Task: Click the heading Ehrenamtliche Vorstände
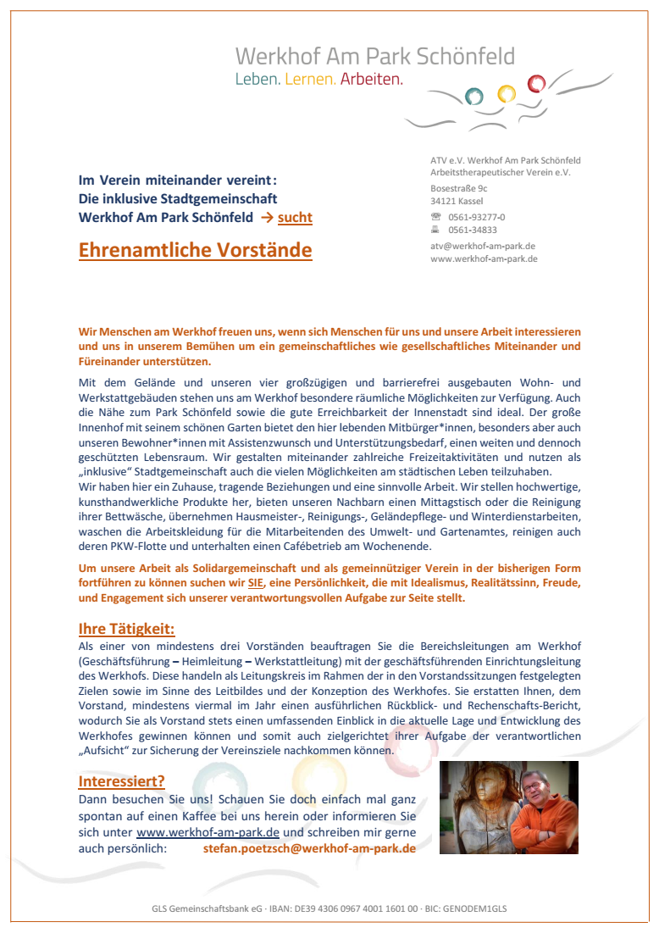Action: point(195,251)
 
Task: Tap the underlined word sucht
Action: point(295,218)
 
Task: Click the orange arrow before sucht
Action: point(266,218)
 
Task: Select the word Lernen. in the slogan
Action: point(311,80)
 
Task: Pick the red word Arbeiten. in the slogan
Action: point(372,80)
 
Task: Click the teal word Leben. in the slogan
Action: point(258,80)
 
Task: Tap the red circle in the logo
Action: point(535,84)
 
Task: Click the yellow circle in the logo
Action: point(506,92)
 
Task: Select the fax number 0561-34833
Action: point(473,230)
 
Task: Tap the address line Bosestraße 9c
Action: point(458,188)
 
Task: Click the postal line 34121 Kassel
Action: point(457,202)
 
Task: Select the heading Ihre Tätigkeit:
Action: point(126,629)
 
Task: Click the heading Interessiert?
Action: point(121,781)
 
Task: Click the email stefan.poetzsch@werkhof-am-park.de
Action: point(309,847)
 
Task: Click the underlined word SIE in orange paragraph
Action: point(256,584)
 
